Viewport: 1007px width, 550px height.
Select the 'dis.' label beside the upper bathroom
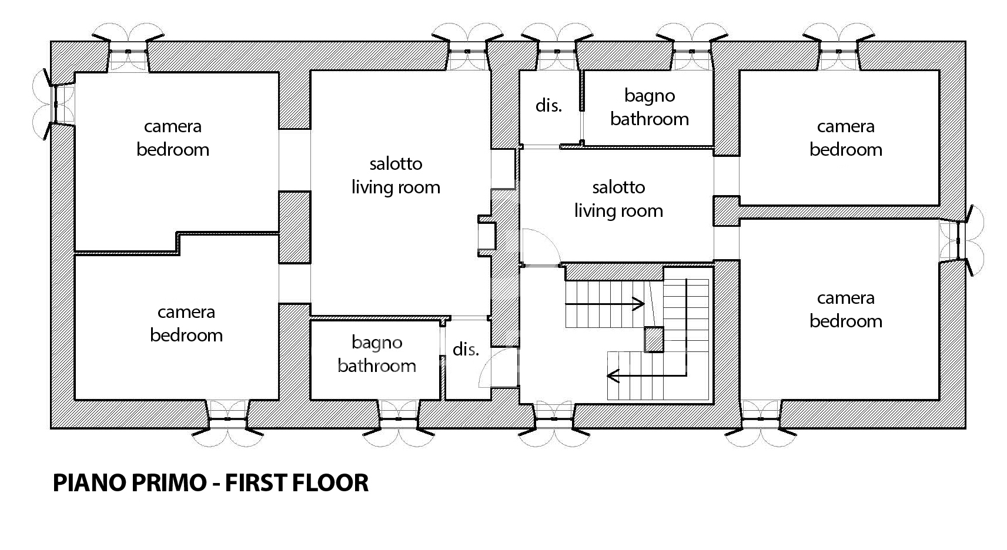548,106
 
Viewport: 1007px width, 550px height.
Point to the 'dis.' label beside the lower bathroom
465,349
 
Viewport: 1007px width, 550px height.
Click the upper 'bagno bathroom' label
650,108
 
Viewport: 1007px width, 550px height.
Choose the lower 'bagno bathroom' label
377,354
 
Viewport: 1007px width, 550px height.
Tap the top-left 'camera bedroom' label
173,138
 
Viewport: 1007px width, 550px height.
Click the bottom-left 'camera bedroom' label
186,324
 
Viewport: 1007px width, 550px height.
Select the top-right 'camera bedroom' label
845,138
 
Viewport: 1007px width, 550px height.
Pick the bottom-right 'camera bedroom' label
845,310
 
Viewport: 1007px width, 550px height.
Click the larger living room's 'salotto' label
396,164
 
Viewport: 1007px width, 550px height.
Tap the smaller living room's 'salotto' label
618,187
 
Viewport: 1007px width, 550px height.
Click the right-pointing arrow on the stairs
605,304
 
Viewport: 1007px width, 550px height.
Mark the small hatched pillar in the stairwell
654,339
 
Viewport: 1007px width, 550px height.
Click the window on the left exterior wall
55,104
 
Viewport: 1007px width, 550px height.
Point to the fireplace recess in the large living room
486,236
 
